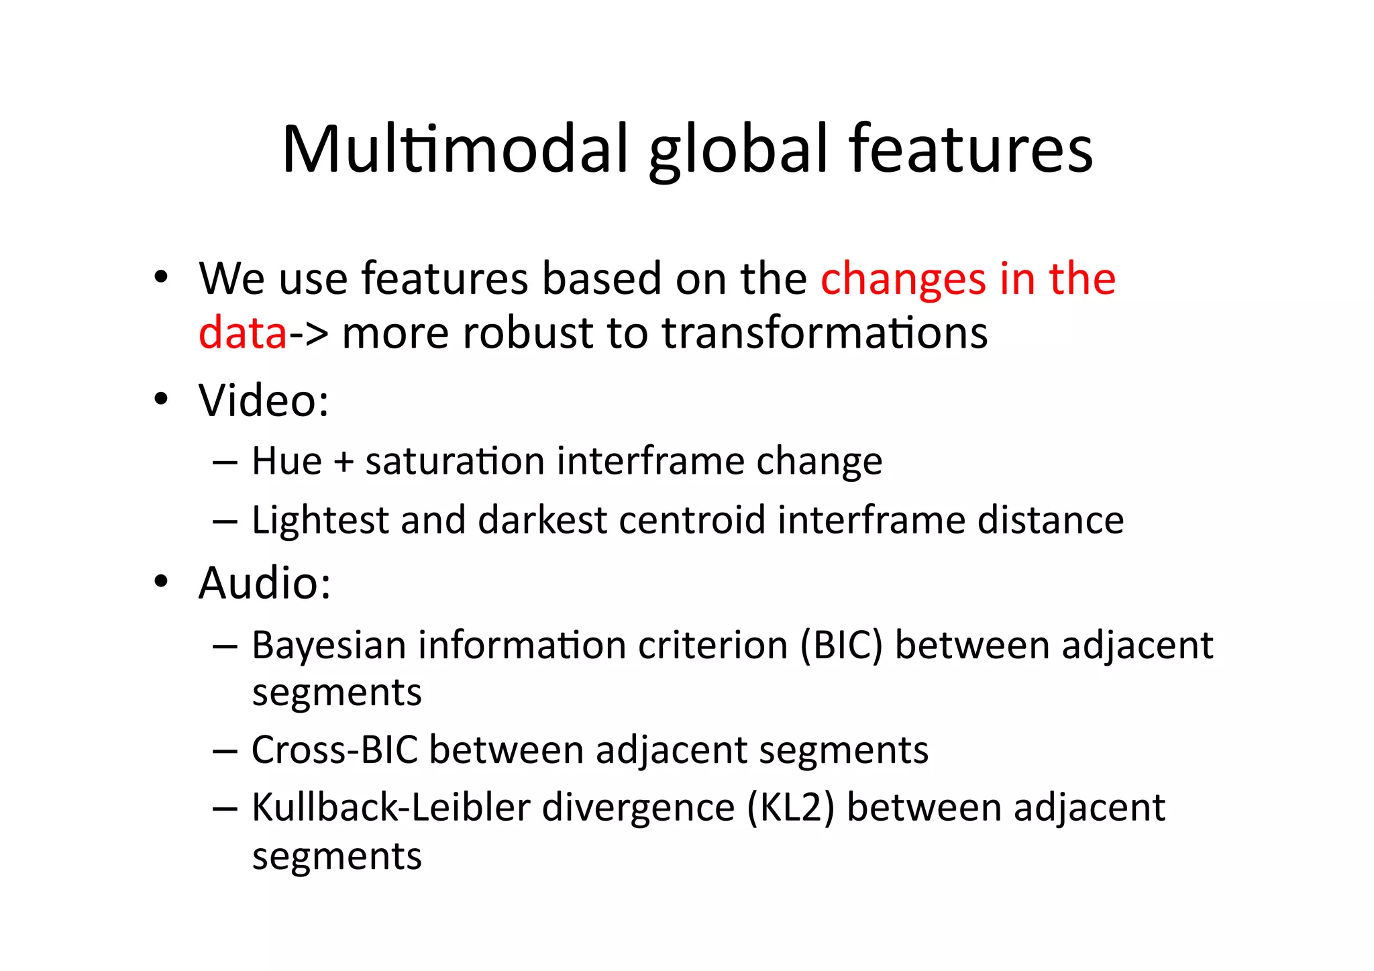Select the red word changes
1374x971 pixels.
click(902, 279)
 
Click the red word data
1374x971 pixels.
click(243, 334)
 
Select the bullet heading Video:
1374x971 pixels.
click(264, 401)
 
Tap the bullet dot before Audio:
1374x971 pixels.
click(160, 581)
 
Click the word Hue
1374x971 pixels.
click(286, 462)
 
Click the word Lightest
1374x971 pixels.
click(320, 521)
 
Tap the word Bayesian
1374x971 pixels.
click(329, 646)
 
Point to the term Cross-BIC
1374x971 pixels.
click(334, 750)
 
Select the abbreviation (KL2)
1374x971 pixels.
click(791, 807)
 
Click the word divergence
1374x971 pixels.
click(638, 809)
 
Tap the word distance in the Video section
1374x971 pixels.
click(1050, 521)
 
